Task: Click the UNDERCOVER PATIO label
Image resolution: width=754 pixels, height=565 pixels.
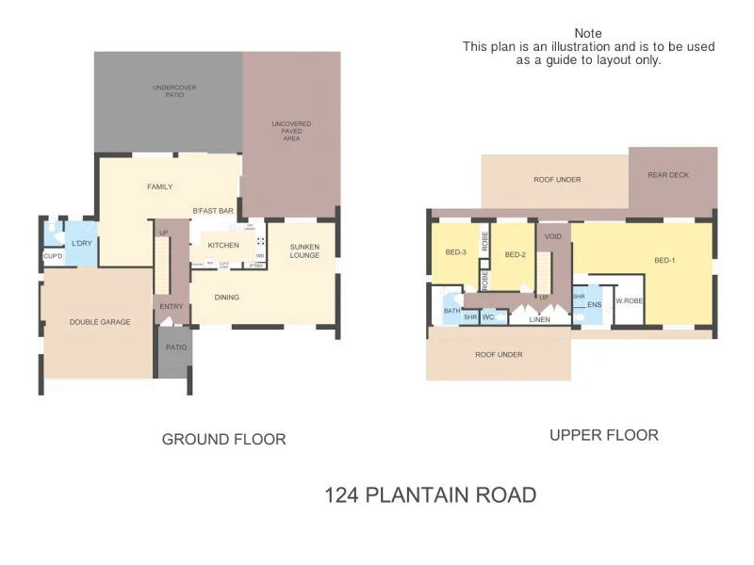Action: [168, 91]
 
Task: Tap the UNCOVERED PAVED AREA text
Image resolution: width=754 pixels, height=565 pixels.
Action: [291, 131]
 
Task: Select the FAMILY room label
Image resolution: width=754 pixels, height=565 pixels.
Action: [159, 186]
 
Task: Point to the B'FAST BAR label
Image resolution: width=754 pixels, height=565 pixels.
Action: [213, 211]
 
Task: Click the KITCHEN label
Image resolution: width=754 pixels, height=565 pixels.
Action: [222, 246]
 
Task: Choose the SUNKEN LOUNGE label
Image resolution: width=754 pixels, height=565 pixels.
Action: [305, 250]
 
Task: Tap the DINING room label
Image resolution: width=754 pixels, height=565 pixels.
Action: [226, 298]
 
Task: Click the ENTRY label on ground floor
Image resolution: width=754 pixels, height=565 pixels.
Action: [172, 306]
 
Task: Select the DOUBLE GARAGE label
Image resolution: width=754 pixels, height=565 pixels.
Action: [100, 322]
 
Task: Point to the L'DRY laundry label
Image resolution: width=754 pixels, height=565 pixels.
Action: [81, 244]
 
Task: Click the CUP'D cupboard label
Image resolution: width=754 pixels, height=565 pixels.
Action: [52, 256]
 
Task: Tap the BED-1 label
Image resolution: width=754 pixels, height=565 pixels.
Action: [664, 260]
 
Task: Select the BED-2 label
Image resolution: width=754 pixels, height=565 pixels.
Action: [514, 254]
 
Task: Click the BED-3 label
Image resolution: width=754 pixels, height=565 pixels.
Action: [456, 252]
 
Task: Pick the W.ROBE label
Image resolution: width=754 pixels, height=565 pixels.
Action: [629, 301]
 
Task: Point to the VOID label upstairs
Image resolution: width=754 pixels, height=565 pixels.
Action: [552, 236]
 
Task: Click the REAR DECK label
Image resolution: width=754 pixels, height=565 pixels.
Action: [668, 175]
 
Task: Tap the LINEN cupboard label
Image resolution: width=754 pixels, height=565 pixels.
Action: [539, 320]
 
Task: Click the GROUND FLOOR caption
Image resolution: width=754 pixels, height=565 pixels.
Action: [223, 439]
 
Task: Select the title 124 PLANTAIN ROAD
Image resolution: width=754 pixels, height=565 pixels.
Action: [431, 494]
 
